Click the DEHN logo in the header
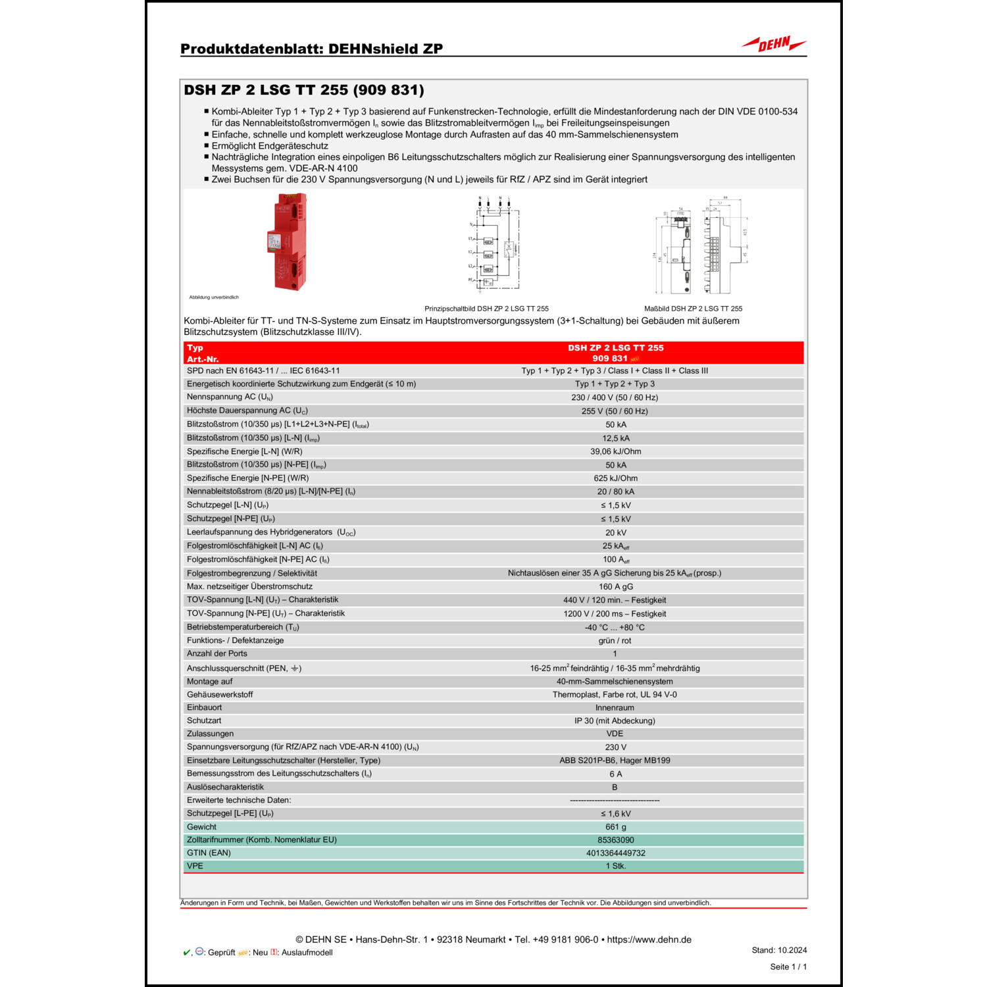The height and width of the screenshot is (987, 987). pyautogui.click(x=774, y=44)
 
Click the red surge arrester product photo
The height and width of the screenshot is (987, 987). pyautogui.click(x=288, y=241)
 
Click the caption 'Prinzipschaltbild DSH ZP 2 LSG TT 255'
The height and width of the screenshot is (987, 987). pyautogui.click(x=486, y=309)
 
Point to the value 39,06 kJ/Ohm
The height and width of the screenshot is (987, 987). pyautogui.click(x=615, y=451)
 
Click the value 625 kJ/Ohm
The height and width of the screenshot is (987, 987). pyautogui.click(x=615, y=478)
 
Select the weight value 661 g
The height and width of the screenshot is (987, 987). pyautogui.click(x=615, y=827)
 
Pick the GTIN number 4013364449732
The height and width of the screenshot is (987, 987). pyautogui.click(x=615, y=853)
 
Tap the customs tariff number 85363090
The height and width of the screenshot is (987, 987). pyautogui.click(x=615, y=840)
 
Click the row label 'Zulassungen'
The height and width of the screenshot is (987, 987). pyautogui.click(x=210, y=734)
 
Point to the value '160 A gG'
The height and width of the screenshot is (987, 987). pyautogui.click(x=615, y=587)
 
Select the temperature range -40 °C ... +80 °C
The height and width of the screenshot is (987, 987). pyautogui.click(x=615, y=628)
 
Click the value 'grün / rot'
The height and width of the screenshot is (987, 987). pyautogui.click(x=615, y=641)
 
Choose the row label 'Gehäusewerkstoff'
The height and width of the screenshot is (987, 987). pyautogui.click(x=220, y=695)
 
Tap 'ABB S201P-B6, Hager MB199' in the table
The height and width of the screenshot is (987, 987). pyautogui.click(x=615, y=761)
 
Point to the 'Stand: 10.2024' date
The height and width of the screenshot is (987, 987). pyautogui.click(x=779, y=950)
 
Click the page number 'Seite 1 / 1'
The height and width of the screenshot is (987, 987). pyautogui.click(x=788, y=967)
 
